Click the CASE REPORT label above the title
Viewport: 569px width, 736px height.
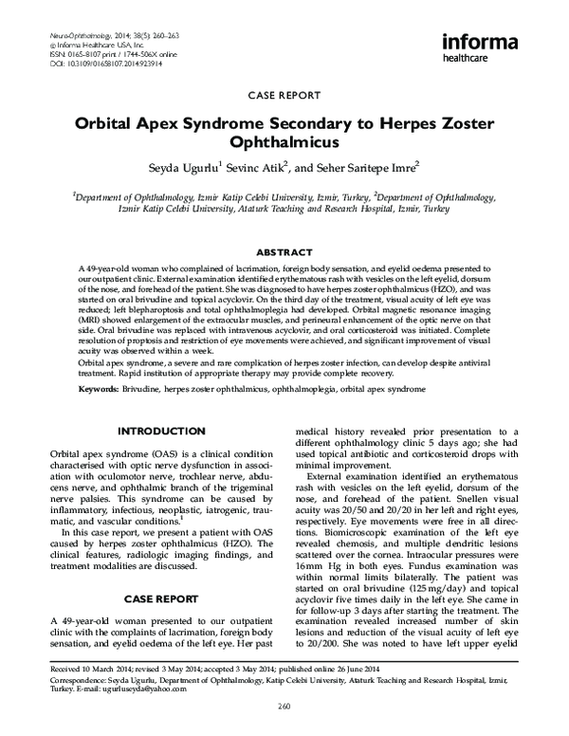284,98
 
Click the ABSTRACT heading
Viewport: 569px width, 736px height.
284,253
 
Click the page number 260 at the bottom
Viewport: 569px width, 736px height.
284,705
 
